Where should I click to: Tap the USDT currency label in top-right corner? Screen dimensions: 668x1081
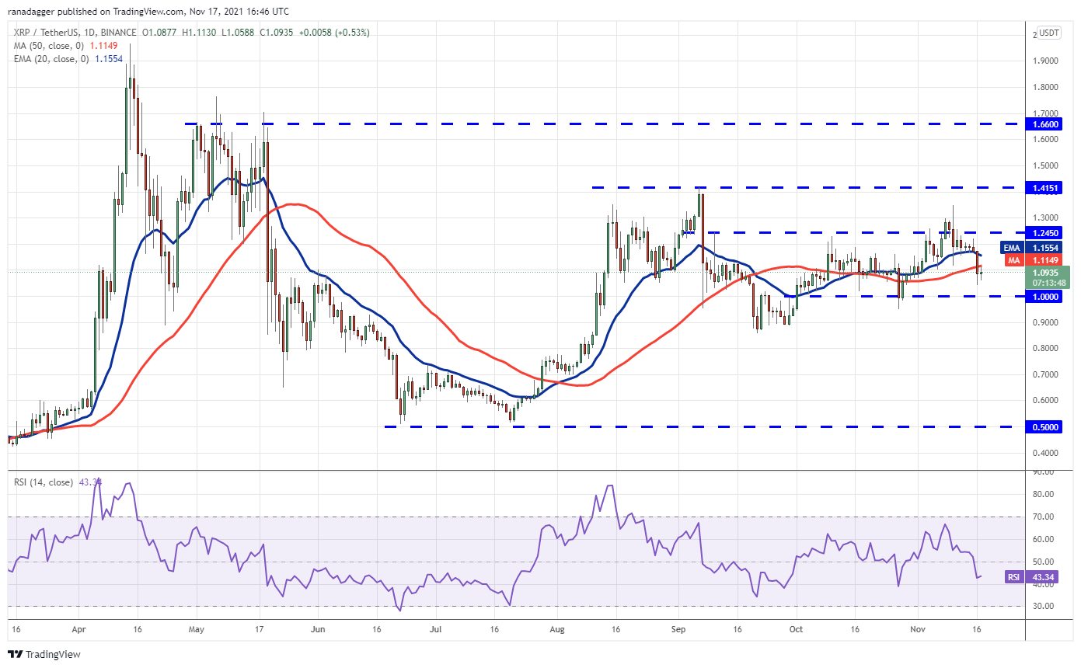pyautogui.click(x=1049, y=33)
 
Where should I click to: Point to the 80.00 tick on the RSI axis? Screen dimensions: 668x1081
pyautogui.click(x=1047, y=494)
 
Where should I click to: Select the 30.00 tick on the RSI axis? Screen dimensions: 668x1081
pyautogui.click(x=1047, y=606)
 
